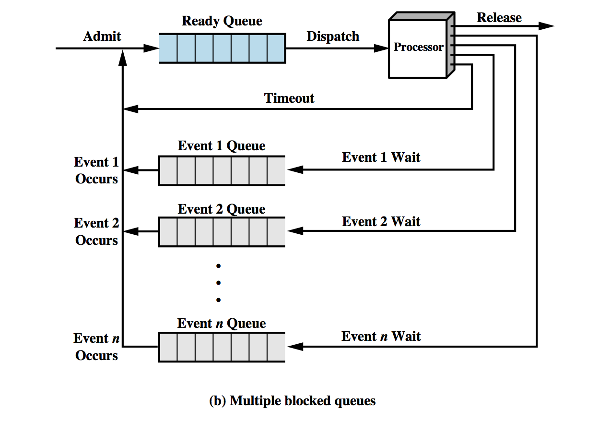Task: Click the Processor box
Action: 418,48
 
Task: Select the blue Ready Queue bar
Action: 222,48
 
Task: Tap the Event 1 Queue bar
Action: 222,170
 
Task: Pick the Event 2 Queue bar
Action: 222,232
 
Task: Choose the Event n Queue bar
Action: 222,347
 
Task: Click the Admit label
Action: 102,36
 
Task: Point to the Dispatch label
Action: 333,36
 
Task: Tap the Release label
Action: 499,18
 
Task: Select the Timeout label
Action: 289,98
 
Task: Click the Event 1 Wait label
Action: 381,157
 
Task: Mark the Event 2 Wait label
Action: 381,221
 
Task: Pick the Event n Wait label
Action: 381,336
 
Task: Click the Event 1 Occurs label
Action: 96,170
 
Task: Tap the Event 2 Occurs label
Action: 96,231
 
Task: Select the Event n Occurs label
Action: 96,347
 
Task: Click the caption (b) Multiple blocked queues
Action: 293,401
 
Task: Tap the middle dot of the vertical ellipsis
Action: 218,283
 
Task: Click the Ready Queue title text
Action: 222,21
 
